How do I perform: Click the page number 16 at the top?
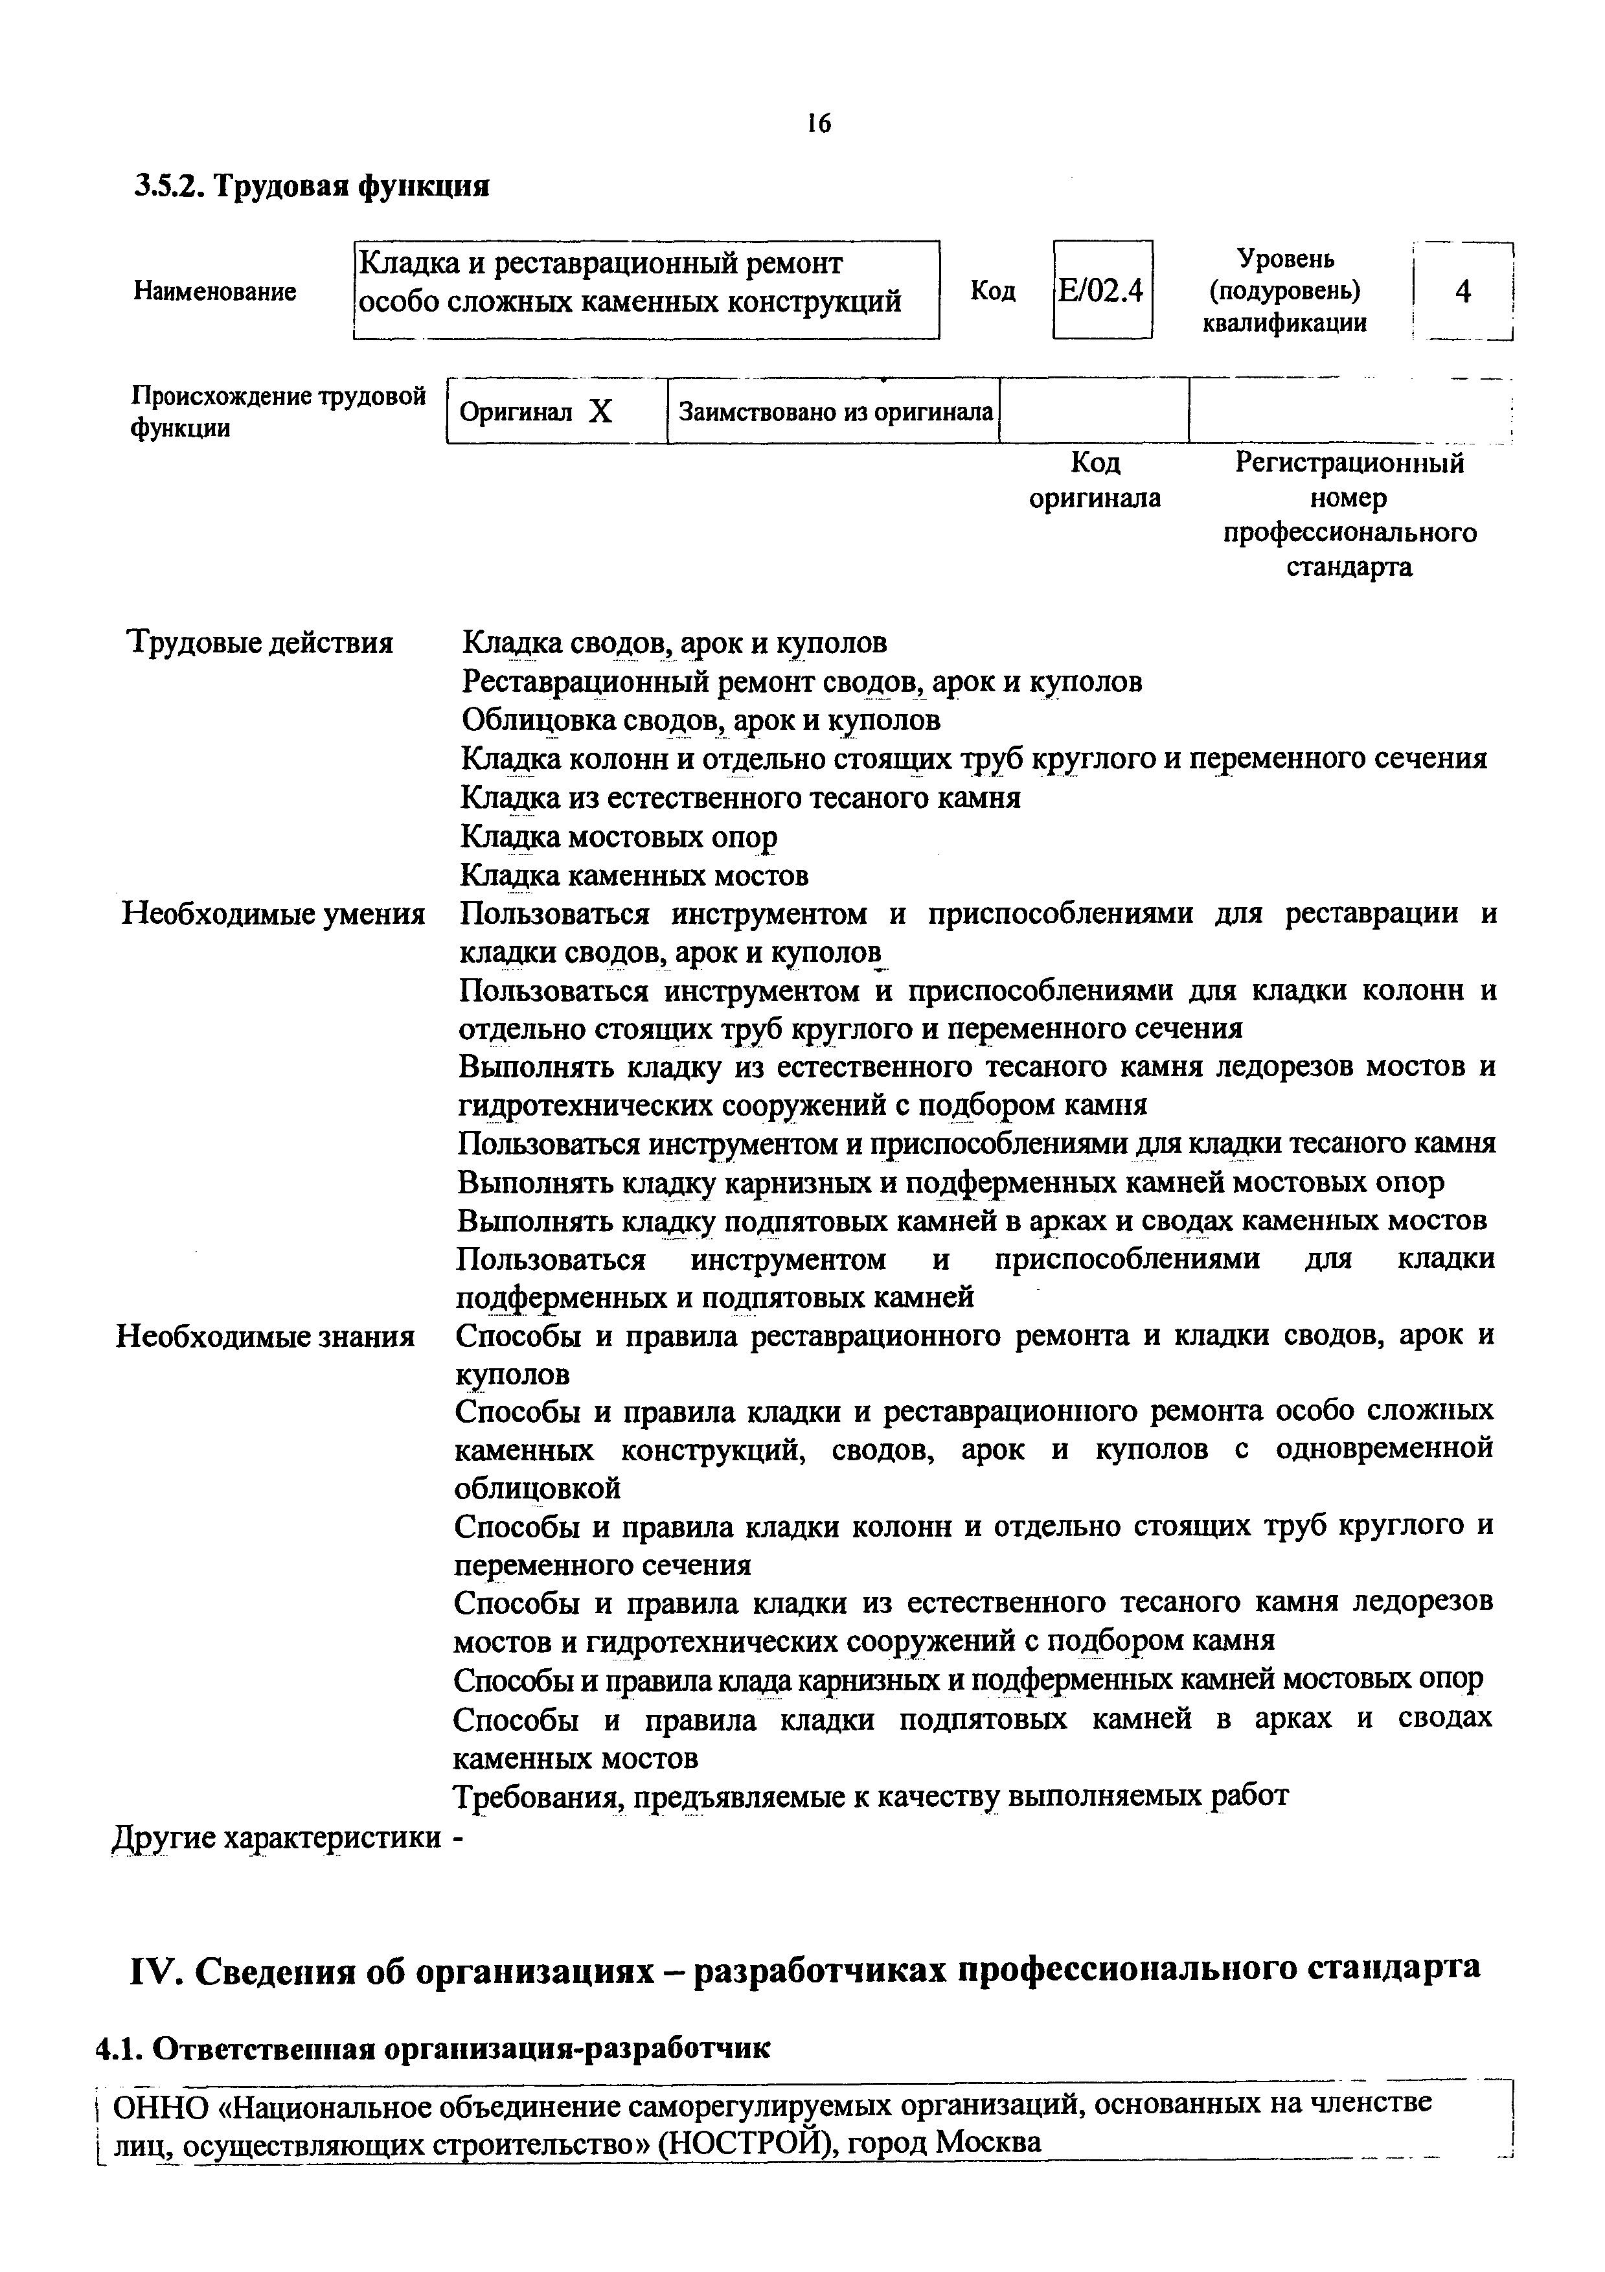click(x=818, y=124)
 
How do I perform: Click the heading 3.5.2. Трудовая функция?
click(x=312, y=185)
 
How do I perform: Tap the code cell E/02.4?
click(x=1101, y=291)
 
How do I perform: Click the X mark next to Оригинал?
click(x=600, y=411)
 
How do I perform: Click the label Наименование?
click(x=215, y=292)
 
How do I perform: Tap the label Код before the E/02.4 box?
click(x=992, y=291)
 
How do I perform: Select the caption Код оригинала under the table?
click(x=1095, y=481)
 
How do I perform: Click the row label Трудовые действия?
click(x=261, y=643)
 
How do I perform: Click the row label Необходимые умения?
click(x=273, y=913)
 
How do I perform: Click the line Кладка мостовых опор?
click(x=619, y=837)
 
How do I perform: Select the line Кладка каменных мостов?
click(x=635, y=876)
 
